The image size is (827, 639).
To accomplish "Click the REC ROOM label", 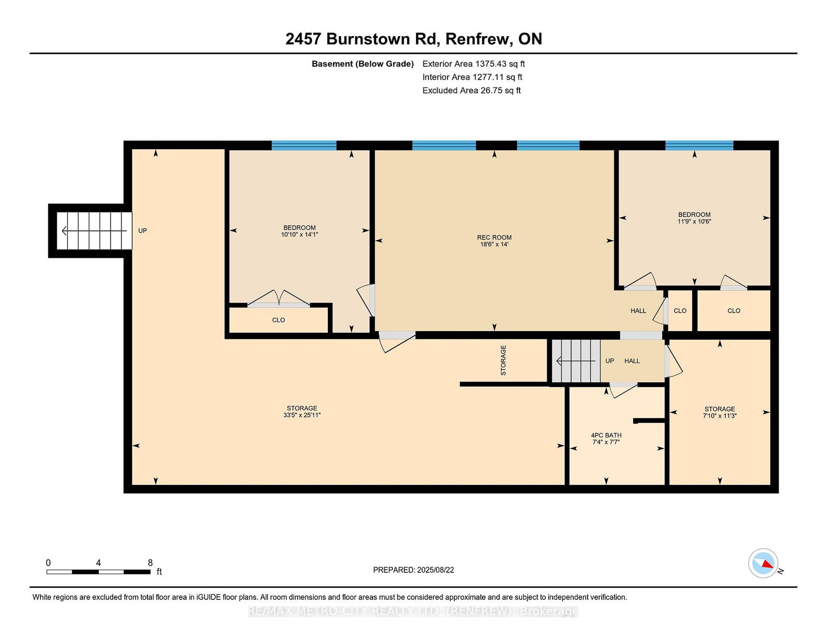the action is [494, 237].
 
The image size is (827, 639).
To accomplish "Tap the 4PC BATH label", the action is [606, 435].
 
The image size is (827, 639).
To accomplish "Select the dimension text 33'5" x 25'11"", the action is [302, 415].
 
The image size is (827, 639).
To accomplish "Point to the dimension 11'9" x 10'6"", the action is [694, 222].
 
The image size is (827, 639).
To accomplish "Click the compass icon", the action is [763, 563].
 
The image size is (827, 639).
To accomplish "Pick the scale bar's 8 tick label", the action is [150, 563].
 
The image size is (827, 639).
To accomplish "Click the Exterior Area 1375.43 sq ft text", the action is [473, 64].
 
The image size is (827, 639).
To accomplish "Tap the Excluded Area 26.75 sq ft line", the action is [471, 90].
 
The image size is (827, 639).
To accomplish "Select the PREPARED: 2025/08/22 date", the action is [413, 570].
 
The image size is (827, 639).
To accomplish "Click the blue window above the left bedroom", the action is [304, 145].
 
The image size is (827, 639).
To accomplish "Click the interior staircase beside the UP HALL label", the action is [576, 361].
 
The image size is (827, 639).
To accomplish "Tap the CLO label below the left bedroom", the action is [278, 320].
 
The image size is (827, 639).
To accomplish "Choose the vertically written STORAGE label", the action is [503, 360].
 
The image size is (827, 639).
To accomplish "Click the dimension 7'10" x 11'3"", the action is [719, 416].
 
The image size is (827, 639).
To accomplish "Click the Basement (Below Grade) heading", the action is [363, 64].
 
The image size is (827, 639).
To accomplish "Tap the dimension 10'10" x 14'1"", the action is [299, 235].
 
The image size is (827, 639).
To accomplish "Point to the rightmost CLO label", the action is [734, 311].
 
